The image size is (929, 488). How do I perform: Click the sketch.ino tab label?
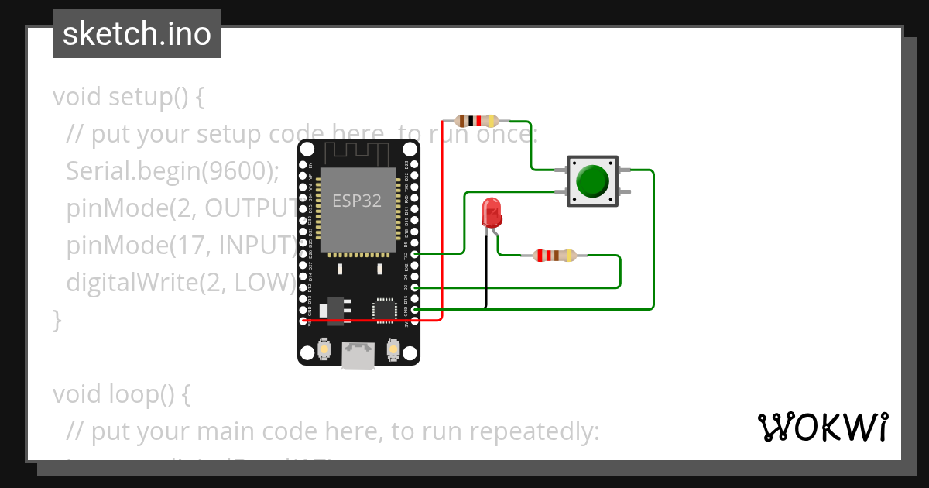[x=136, y=34]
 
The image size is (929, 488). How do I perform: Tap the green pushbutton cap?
[x=593, y=180]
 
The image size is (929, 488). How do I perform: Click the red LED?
[x=491, y=212]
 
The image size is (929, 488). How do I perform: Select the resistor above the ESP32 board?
[x=476, y=120]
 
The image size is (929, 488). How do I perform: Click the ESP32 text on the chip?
[x=357, y=201]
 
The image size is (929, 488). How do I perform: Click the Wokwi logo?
[x=821, y=427]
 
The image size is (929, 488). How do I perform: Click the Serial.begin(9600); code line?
[x=172, y=171]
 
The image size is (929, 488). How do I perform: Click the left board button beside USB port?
[x=324, y=350]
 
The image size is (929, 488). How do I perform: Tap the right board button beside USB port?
[x=393, y=350]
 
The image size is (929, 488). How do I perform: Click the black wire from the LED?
[x=487, y=271]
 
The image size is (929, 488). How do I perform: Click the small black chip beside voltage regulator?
[x=384, y=309]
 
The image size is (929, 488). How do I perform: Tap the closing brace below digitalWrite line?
[x=56, y=319]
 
